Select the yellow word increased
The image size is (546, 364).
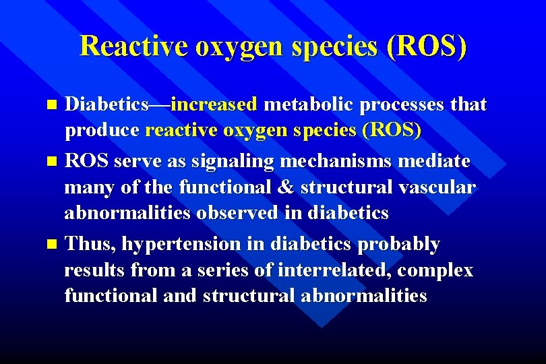click(x=214, y=104)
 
